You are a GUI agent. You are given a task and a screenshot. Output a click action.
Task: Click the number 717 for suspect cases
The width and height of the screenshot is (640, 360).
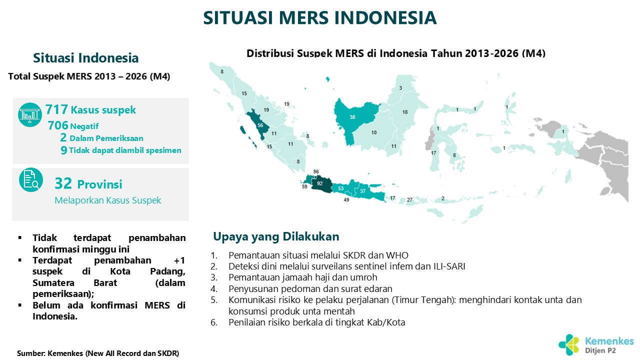click(56, 109)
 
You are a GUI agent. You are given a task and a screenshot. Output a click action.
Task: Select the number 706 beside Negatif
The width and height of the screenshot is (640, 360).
click(58, 125)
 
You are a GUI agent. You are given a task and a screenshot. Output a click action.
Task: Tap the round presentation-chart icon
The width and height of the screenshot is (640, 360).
click(30, 114)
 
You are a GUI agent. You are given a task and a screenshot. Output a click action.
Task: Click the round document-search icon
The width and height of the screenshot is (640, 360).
click(31, 179)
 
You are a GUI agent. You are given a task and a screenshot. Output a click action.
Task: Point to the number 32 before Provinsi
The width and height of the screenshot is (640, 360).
click(63, 183)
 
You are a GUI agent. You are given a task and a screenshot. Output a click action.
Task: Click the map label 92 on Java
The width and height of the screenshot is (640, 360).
click(319, 183)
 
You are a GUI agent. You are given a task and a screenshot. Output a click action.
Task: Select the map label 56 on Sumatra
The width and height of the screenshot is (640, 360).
click(260, 125)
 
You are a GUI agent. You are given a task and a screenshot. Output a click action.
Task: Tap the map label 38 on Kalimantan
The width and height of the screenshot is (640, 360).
click(352, 117)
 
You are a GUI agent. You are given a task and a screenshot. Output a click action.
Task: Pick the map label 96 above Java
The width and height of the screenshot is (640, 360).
click(315, 171)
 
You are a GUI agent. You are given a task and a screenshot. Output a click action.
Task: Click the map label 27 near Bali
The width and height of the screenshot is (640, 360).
click(409, 199)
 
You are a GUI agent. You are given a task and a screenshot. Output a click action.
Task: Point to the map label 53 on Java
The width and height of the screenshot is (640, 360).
click(341, 188)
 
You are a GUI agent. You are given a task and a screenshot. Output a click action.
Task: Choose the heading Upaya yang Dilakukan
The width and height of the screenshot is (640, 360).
click(276, 237)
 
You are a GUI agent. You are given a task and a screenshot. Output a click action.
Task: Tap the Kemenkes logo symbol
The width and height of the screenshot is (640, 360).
click(569, 345)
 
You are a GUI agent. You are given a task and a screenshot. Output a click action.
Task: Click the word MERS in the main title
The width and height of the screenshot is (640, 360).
click(303, 17)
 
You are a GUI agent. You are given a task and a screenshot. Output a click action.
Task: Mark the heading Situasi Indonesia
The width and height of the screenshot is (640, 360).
click(85, 58)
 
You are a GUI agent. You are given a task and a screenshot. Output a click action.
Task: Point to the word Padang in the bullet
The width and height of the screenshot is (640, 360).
click(167, 271)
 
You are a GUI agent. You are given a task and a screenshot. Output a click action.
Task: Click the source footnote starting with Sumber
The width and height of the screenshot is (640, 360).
click(98, 353)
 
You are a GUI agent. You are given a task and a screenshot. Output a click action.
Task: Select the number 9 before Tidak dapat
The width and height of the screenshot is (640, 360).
click(64, 150)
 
